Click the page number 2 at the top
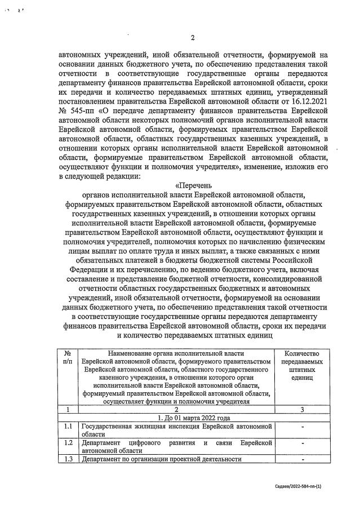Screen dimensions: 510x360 [x=192, y=38]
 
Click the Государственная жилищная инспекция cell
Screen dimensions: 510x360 [x=176, y=431]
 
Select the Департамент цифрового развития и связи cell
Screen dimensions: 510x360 [x=176, y=447]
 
